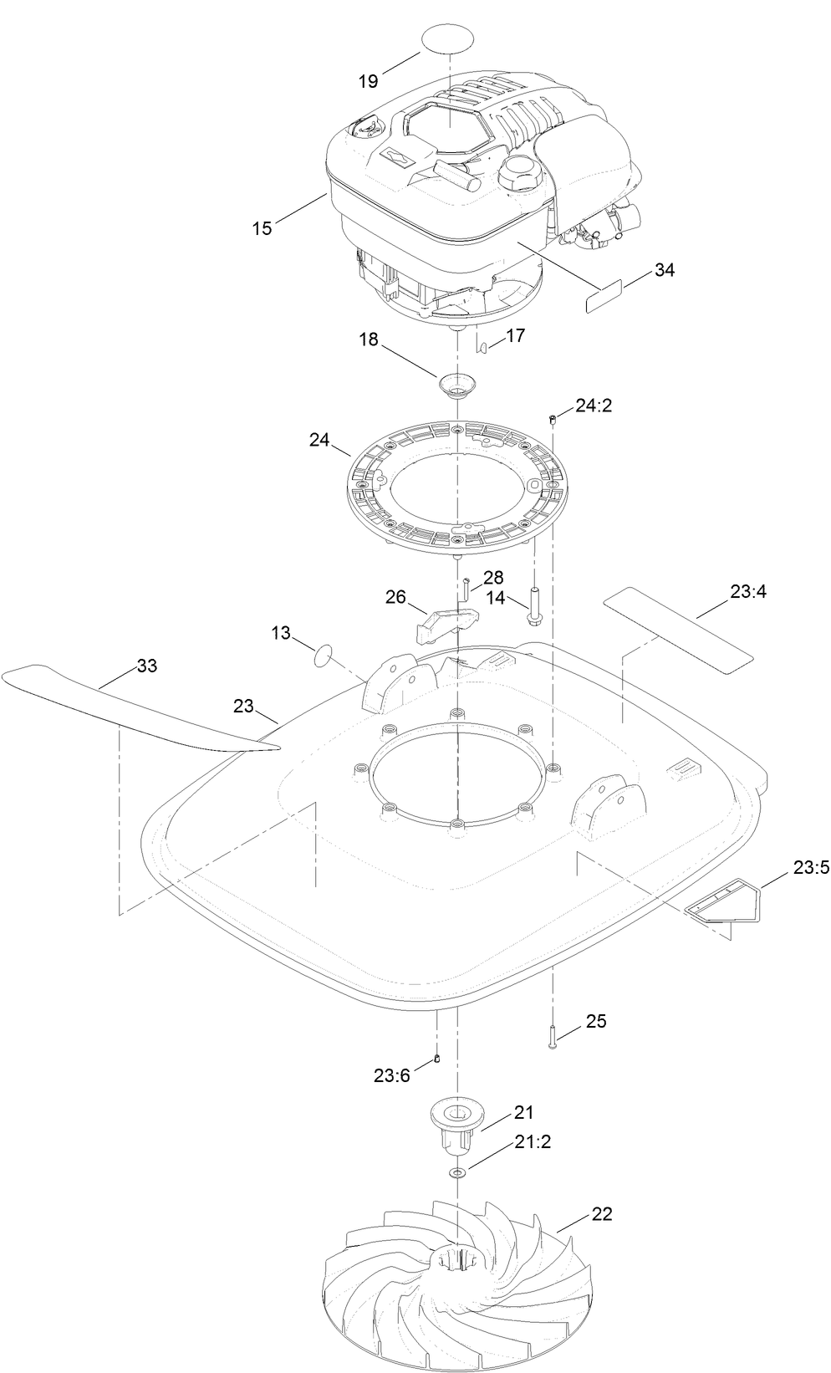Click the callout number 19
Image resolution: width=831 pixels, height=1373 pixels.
tap(369, 81)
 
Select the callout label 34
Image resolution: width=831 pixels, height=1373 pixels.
tap(665, 270)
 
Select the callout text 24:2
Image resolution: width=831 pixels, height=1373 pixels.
tap(594, 406)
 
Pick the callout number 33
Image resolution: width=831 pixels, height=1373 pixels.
tap(146, 666)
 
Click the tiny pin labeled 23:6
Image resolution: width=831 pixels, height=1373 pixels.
tap(436, 1060)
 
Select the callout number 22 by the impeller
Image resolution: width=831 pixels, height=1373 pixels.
tap(602, 1213)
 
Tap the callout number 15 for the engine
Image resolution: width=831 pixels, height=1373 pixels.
tap(263, 227)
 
